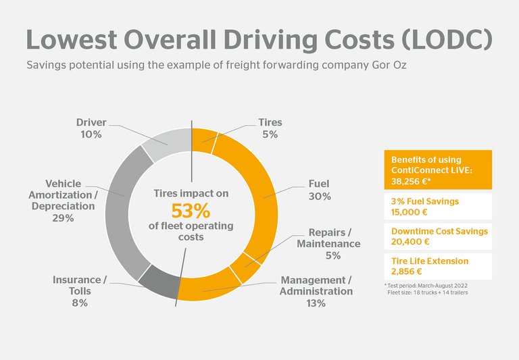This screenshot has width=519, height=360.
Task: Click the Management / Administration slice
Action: click(203, 288)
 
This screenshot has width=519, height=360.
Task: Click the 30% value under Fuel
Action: click(319, 197)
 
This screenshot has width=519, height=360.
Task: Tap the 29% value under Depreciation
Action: click(63, 218)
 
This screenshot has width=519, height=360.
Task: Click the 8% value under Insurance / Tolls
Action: click(79, 303)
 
